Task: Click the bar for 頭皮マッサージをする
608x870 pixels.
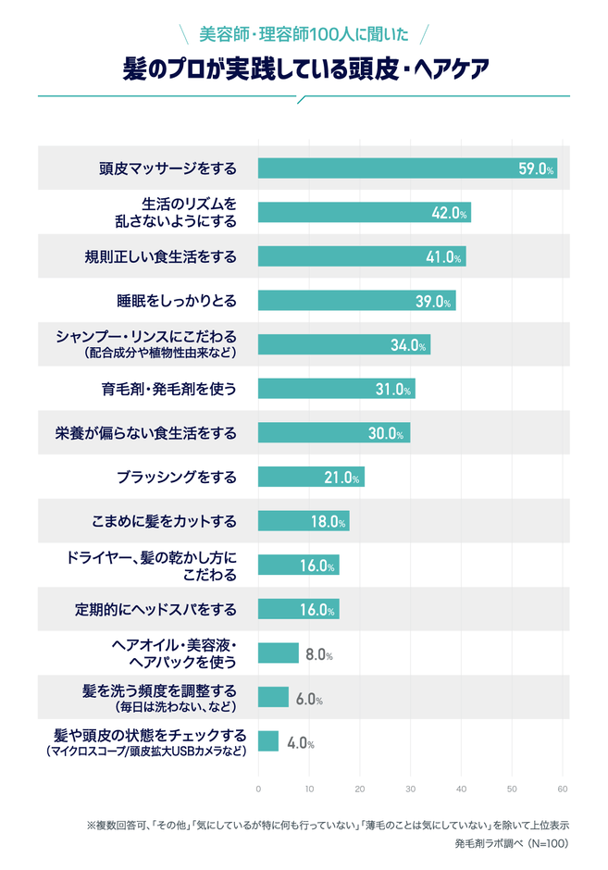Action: [x=407, y=168]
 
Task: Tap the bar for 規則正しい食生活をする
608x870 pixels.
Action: [x=361, y=256]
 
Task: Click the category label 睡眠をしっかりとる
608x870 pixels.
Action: [x=177, y=301]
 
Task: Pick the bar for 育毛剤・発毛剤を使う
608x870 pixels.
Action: [x=336, y=389]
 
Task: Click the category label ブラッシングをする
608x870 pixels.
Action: [x=177, y=478]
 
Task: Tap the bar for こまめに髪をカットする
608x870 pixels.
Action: [x=304, y=521]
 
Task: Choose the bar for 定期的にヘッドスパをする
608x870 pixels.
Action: [x=298, y=610]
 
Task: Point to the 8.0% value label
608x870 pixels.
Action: [x=318, y=654]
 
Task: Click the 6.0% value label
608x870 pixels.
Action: [x=308, y=699]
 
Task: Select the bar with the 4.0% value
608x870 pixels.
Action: [x=268, y=741]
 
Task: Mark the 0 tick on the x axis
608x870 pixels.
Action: [x=258, y=788]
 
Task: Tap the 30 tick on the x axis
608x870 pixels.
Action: [x=410, y=788]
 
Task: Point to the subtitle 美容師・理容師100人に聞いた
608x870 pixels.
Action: [x=304, y=35]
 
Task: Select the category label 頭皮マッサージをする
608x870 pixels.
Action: [x=168, y=168]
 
